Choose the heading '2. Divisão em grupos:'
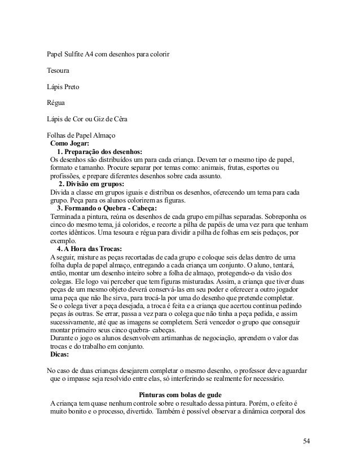(x=91, y=183)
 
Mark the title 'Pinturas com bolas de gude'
(x=181, y=394)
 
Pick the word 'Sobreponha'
(x=288, y=216)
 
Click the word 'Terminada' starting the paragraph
(x=67, y=216)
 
